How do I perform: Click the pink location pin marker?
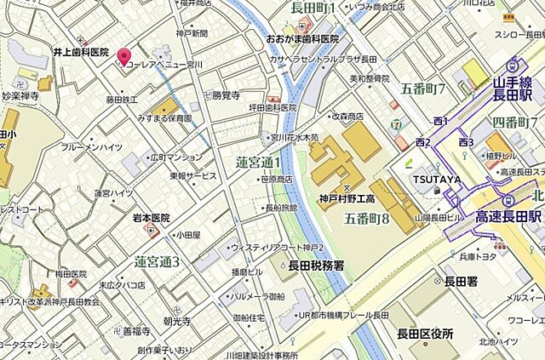coord(124,56)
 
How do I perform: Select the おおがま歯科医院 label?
coord(302,38)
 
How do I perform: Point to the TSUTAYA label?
coord(439,180)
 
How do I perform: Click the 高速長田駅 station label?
coord(509,218)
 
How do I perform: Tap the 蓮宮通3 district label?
coord(157,260)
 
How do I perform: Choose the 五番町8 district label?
coord(367,219)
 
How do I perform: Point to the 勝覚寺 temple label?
coord(226,95)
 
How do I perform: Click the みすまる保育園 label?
coord(163,118)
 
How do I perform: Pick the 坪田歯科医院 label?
coord(266,108)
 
